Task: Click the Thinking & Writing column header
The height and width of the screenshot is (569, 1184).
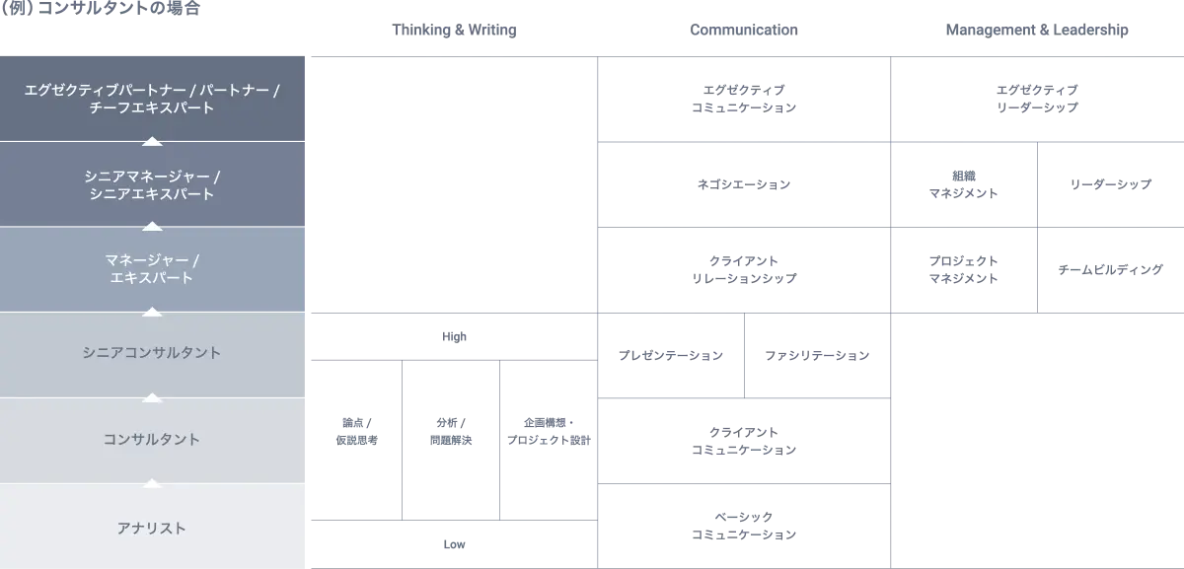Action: [454, 30]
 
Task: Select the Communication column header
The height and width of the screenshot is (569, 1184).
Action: [744, 30]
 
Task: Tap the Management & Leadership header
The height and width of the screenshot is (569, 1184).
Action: [1037, 30]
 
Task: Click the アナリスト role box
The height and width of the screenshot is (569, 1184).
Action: [152, 527]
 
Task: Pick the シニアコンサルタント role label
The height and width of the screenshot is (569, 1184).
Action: [152, 352]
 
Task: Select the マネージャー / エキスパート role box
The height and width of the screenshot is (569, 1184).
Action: [152, 269]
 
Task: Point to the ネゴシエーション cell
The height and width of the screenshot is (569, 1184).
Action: [744, 184]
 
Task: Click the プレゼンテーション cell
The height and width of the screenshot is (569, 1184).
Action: [671, 355]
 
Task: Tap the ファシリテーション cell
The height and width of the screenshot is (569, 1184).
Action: [817, 355]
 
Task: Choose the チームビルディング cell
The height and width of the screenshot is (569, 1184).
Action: [1111, 270]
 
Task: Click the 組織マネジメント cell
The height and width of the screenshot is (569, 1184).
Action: [964, 184]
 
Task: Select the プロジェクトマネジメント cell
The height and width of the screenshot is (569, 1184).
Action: [964, 270]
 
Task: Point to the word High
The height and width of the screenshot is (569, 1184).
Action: [454, 336]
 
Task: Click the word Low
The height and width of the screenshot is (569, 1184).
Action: [454, 544]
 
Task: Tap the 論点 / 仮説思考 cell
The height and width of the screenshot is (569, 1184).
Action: [357, 440]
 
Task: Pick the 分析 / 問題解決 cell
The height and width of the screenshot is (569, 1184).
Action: [451, 440]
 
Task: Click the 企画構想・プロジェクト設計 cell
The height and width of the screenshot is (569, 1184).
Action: [549, 440]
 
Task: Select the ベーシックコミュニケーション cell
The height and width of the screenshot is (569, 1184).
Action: [744, 526]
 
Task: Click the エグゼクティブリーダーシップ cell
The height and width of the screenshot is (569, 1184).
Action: [1037, 99]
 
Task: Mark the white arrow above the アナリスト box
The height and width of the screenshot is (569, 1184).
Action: [152, 483]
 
